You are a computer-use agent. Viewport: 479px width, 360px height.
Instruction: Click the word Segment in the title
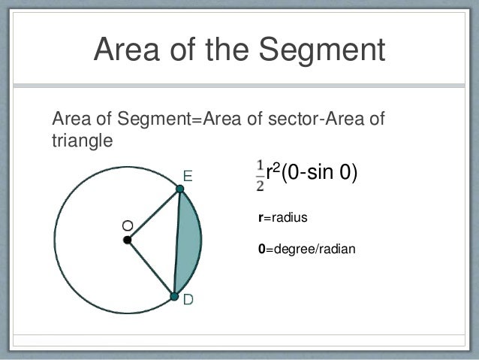pos(321,50)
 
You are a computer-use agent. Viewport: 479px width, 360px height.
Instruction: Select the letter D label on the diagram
pos(188,300)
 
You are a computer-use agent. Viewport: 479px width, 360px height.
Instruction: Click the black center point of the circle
pos(128,240)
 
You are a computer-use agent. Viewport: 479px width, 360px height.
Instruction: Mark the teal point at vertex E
pos(179,190)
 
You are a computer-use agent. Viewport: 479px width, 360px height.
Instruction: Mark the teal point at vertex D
pos(174,298)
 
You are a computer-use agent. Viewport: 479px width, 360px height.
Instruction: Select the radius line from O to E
pos(154,215)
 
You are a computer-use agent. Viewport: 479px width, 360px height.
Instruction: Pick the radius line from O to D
pos(151,268)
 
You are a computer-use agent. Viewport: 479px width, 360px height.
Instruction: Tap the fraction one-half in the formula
pos(260,175)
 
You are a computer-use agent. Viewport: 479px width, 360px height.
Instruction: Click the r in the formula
pos(270,174)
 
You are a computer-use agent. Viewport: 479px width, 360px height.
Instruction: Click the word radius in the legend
pos(289,218)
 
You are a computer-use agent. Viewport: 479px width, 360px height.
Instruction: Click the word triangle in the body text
pos(82,140)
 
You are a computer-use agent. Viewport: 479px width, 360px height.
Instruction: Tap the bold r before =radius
pos(260,219)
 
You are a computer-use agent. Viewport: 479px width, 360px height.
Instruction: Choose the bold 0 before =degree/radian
pos(261,247)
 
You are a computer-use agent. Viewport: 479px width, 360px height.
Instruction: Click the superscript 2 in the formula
pos(276,169)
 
